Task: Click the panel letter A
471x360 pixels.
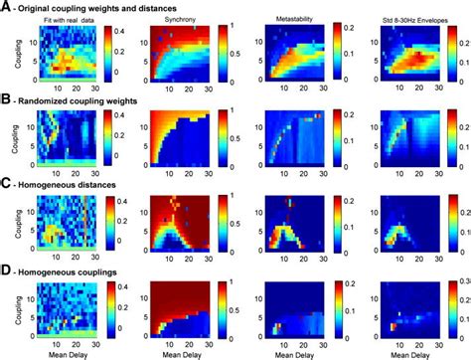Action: click(x=7, y=7)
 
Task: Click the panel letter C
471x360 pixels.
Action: click(x=7, y=184)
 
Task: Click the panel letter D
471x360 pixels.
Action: click(x=7, y=267)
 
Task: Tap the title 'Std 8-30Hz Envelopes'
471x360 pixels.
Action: click(x=406, y=19)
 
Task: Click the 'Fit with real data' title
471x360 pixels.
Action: click(x=62, y=19)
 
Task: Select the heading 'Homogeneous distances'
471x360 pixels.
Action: click(x=71, y=184)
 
